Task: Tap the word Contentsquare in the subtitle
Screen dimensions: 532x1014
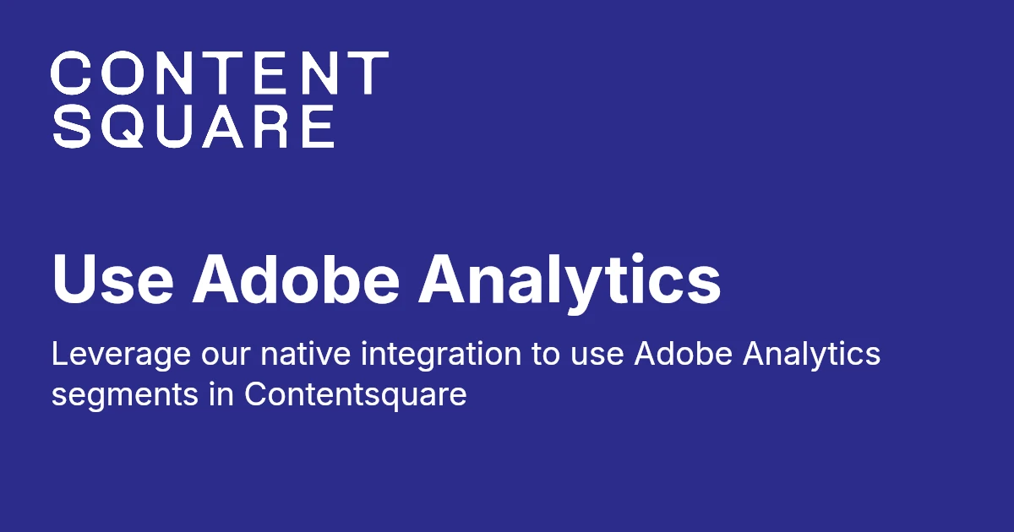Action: point(356,394)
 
